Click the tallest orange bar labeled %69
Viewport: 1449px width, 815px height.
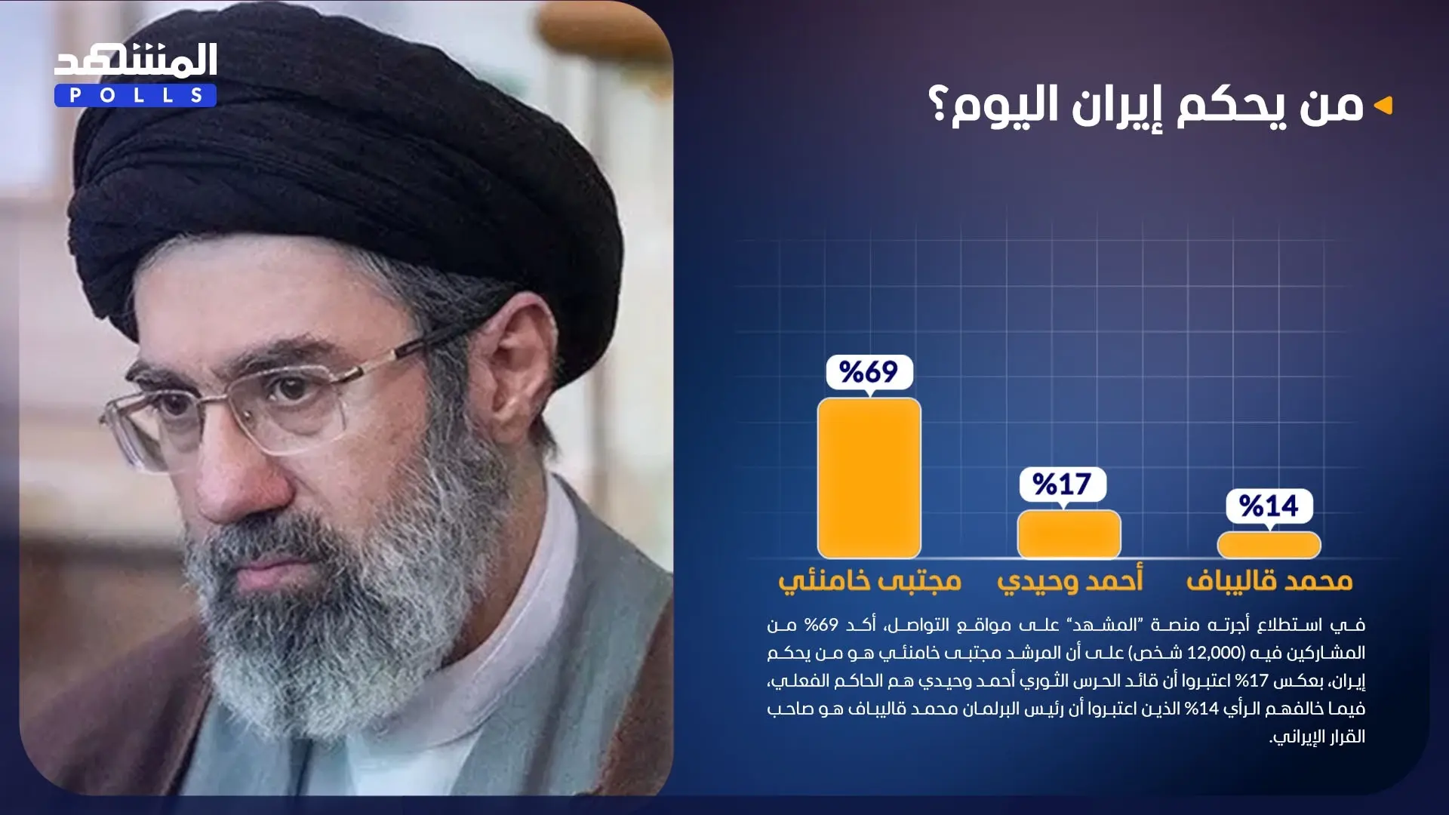pos(869,478)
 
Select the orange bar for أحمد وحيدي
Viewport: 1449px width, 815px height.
pos(1069,534)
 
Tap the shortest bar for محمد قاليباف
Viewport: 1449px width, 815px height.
pos(1269,545)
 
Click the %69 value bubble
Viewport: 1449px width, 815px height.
pos(869,372)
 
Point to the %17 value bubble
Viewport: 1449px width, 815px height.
pos(1063,484)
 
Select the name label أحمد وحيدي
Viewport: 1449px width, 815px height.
pos(1070,580)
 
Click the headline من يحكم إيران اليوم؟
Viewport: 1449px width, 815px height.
pos(1146,106)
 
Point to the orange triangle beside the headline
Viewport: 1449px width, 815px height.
pos(1383,106)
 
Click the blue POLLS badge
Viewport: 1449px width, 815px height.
pos(136,96)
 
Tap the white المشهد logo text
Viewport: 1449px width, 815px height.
pos(136,60)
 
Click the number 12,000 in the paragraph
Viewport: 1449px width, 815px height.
pos(1214,653)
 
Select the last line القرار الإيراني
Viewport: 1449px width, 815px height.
pos(1318,737)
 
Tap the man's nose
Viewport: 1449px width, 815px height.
pos(241,468)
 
